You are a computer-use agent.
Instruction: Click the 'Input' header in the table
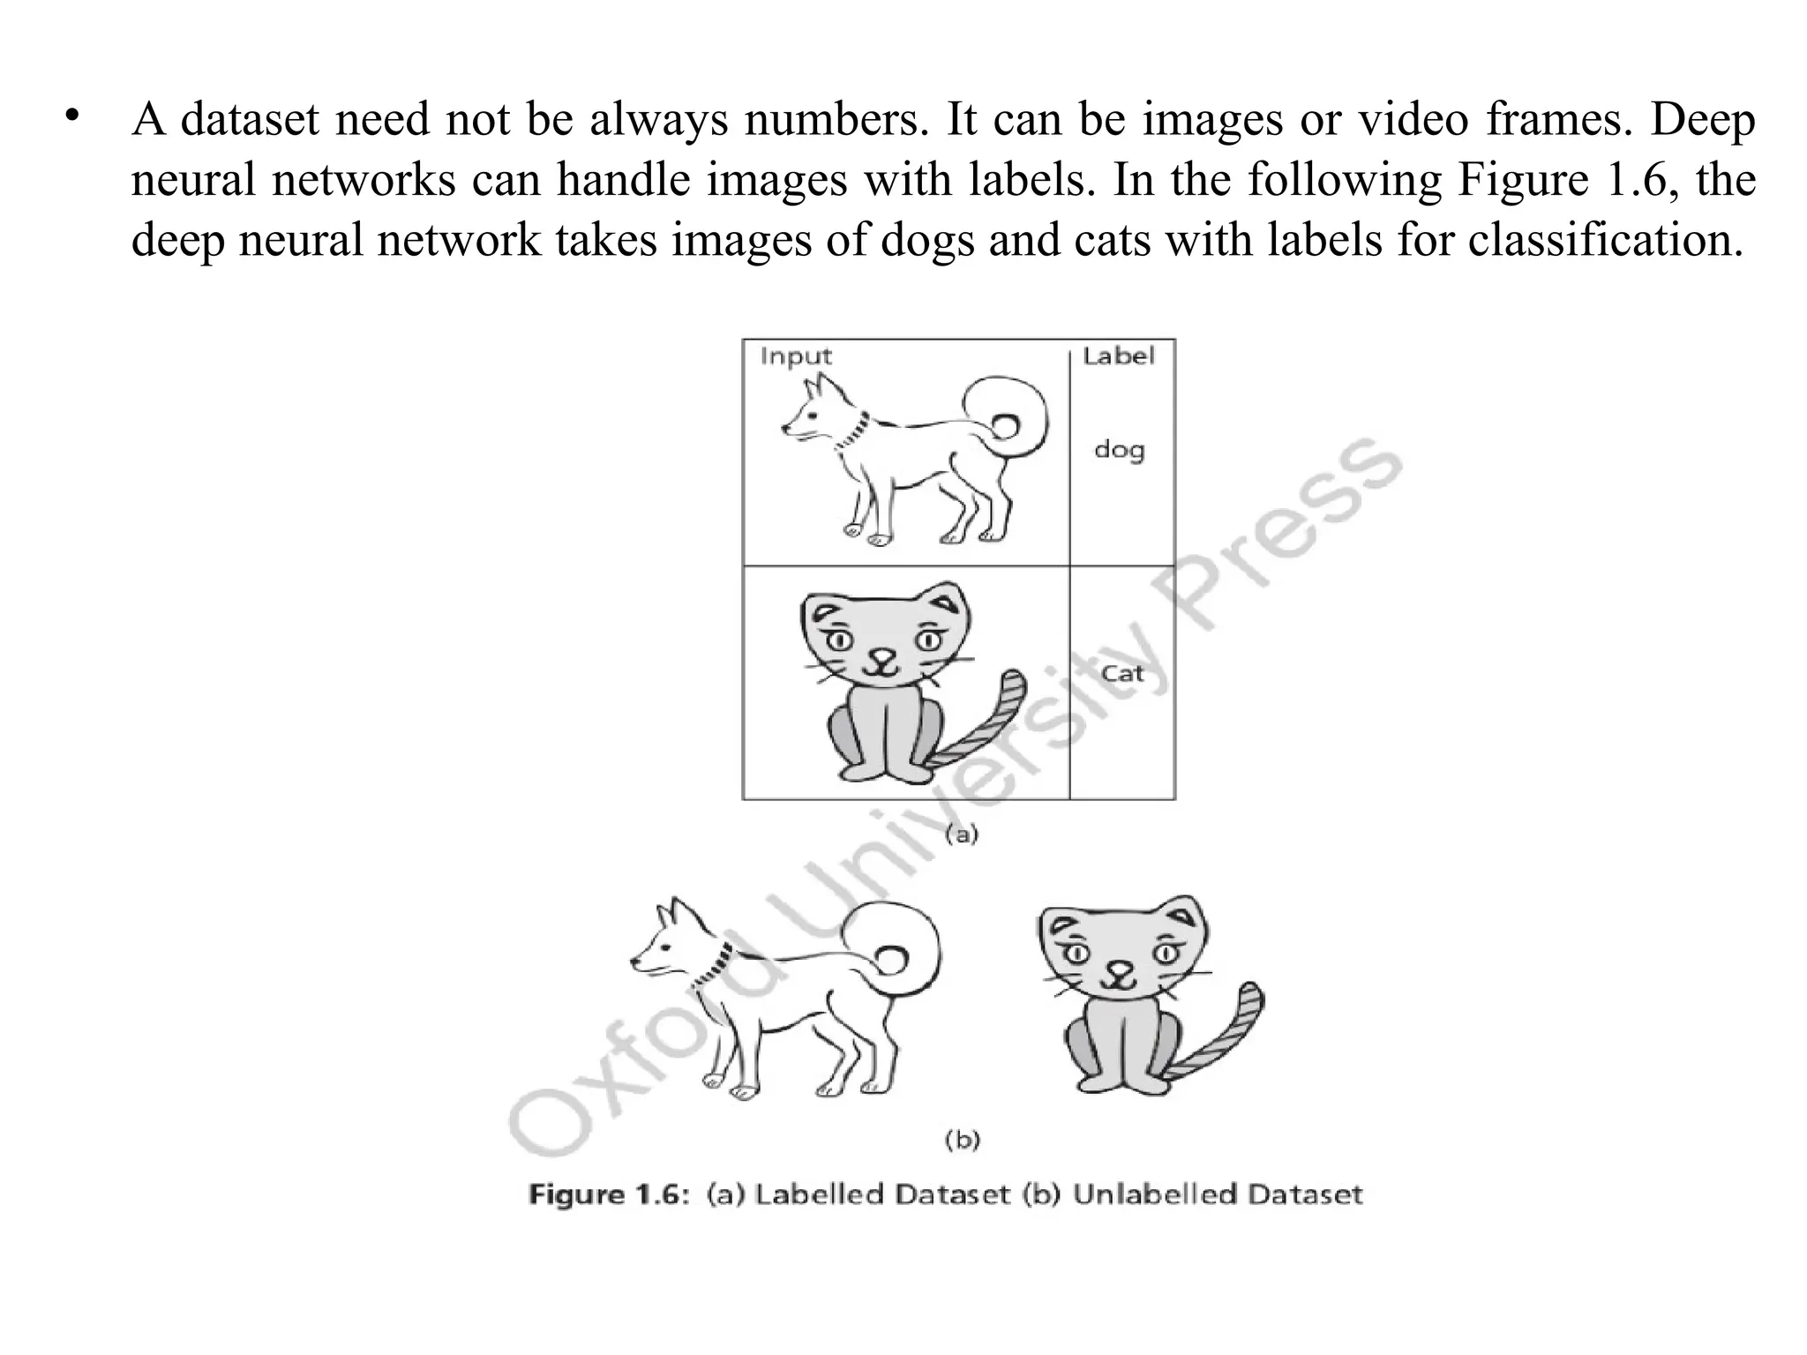pos(795,356)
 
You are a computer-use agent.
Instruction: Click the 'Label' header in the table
pos(1118,356)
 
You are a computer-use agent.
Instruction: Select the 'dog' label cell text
pos(1119,451)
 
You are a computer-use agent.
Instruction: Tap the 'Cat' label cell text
pos(1122,674)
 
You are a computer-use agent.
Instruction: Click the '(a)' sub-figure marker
pos(962,834)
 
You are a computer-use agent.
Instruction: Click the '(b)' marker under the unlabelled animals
pos(962,1140)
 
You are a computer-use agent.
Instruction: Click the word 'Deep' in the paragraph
pos(1702,120)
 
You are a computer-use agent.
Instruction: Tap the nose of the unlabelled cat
pos(1120,969)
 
